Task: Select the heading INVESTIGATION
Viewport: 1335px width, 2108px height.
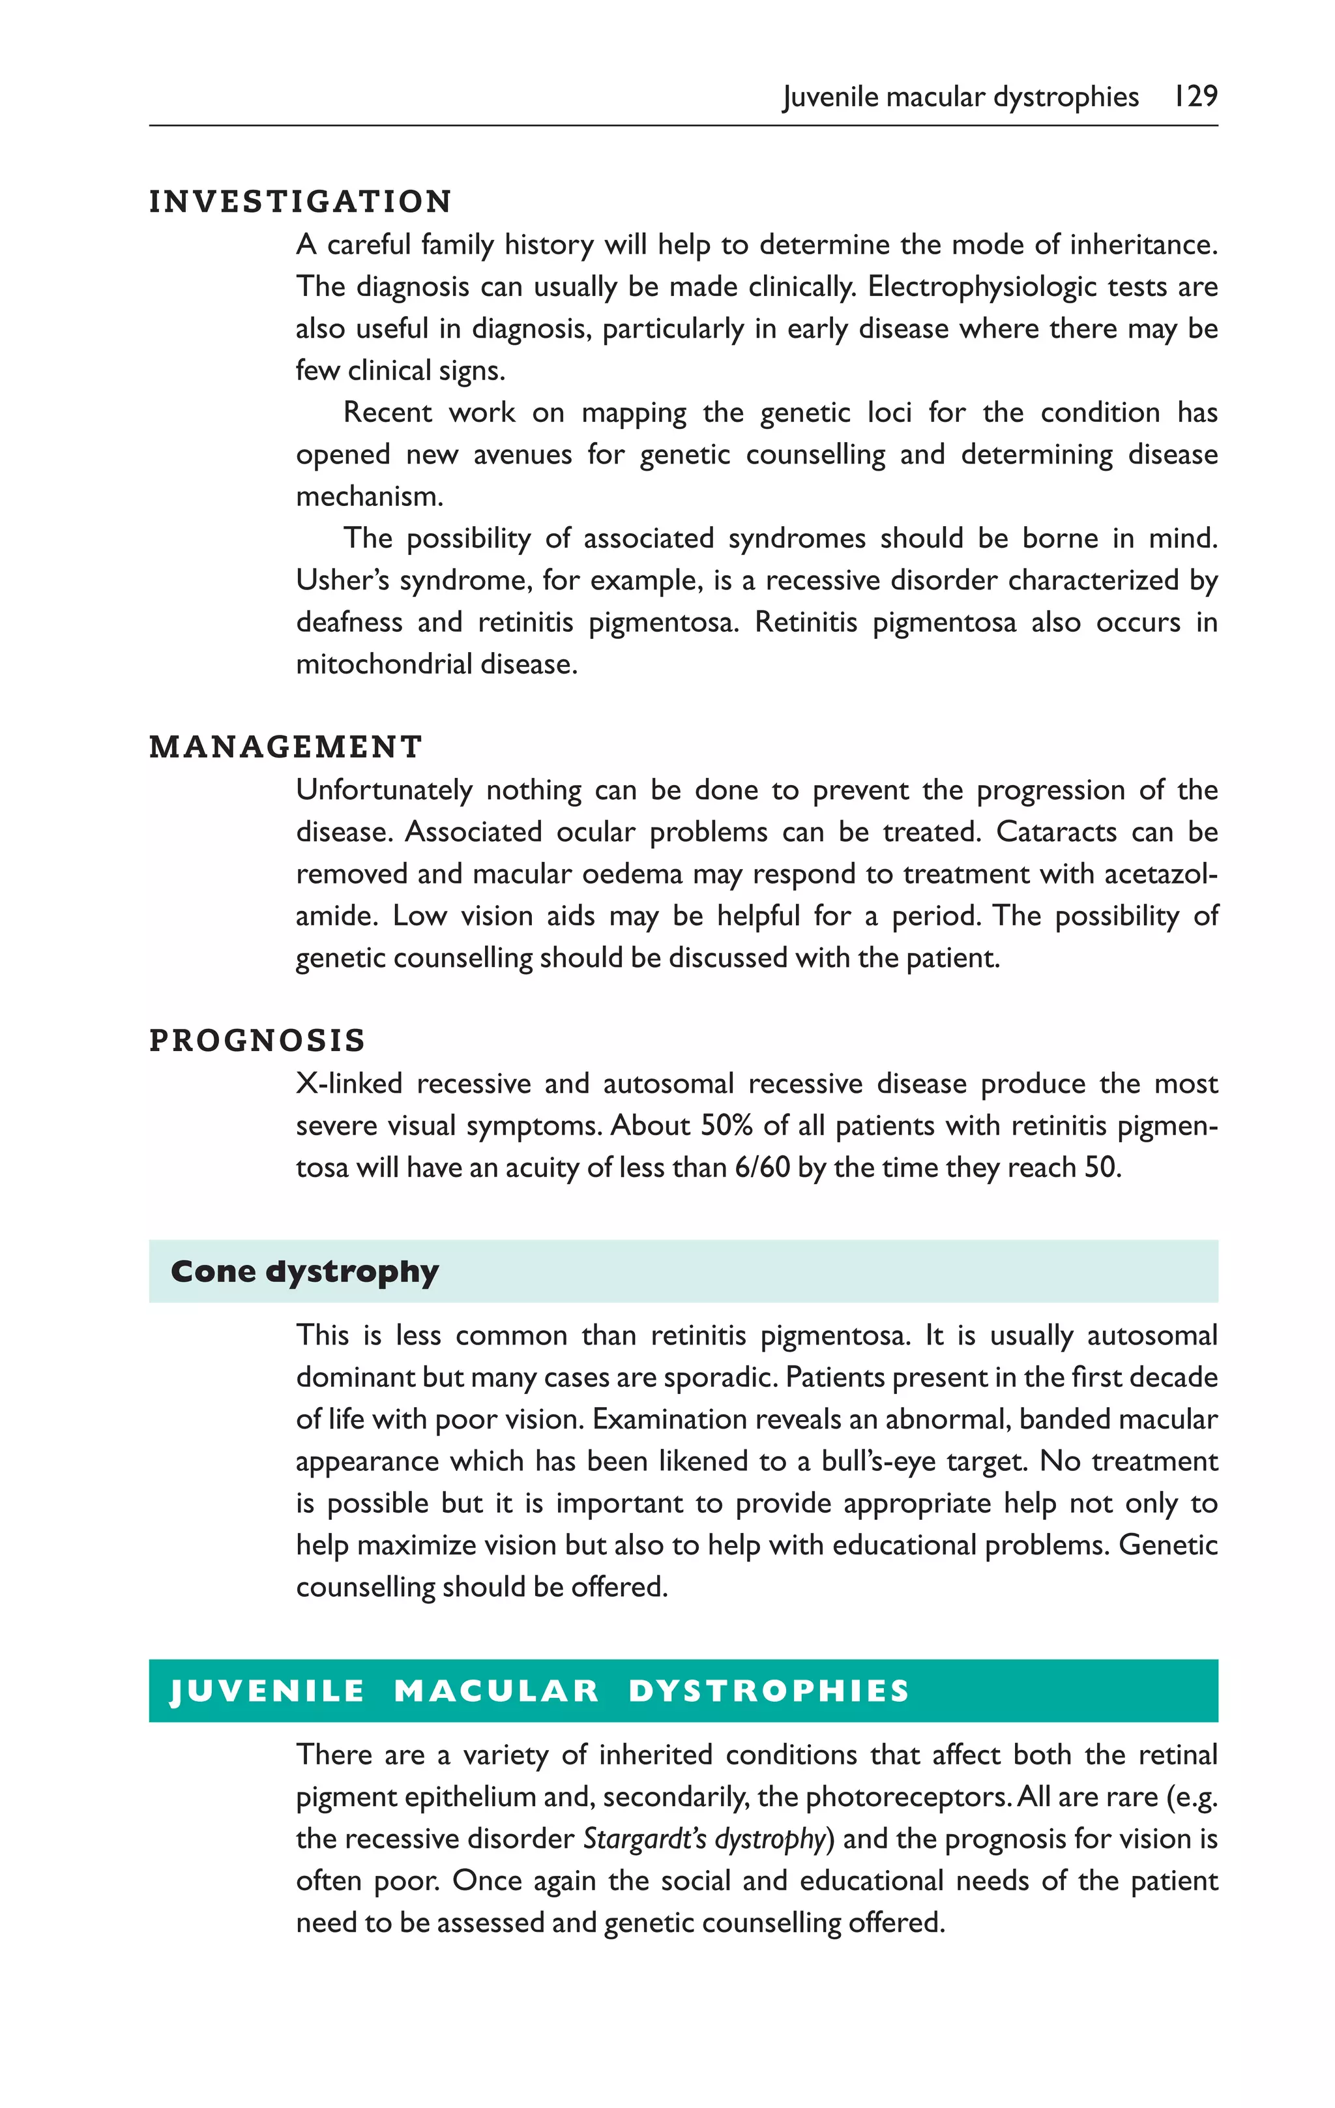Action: click(301, 201)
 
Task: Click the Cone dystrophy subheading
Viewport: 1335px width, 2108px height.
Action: click(304, 1271)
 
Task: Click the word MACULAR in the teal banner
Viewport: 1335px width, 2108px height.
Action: click(496, 1691)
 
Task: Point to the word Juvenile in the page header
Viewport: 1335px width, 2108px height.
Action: click(829, 96)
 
